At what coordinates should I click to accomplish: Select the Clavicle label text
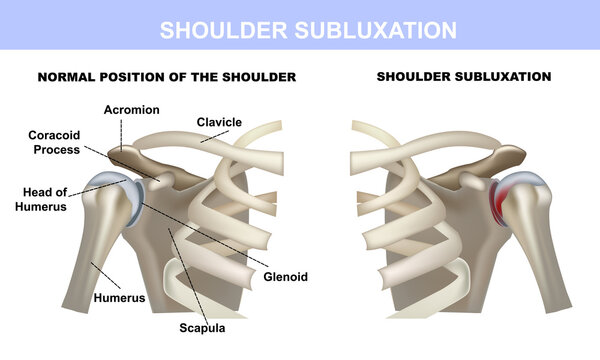pos(219,122)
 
